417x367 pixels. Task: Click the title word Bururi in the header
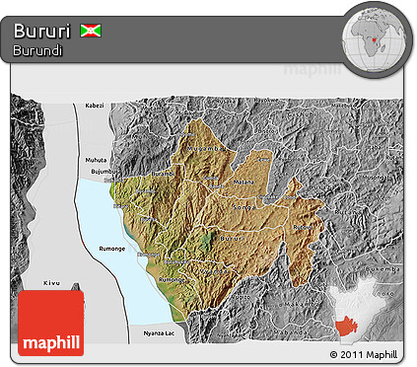click(42, 31)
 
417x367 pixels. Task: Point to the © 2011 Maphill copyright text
click(364, 353)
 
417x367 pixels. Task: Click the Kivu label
click(52, 283)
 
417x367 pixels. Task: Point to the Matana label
click(243, 182)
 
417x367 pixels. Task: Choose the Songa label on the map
click(241, 207)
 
